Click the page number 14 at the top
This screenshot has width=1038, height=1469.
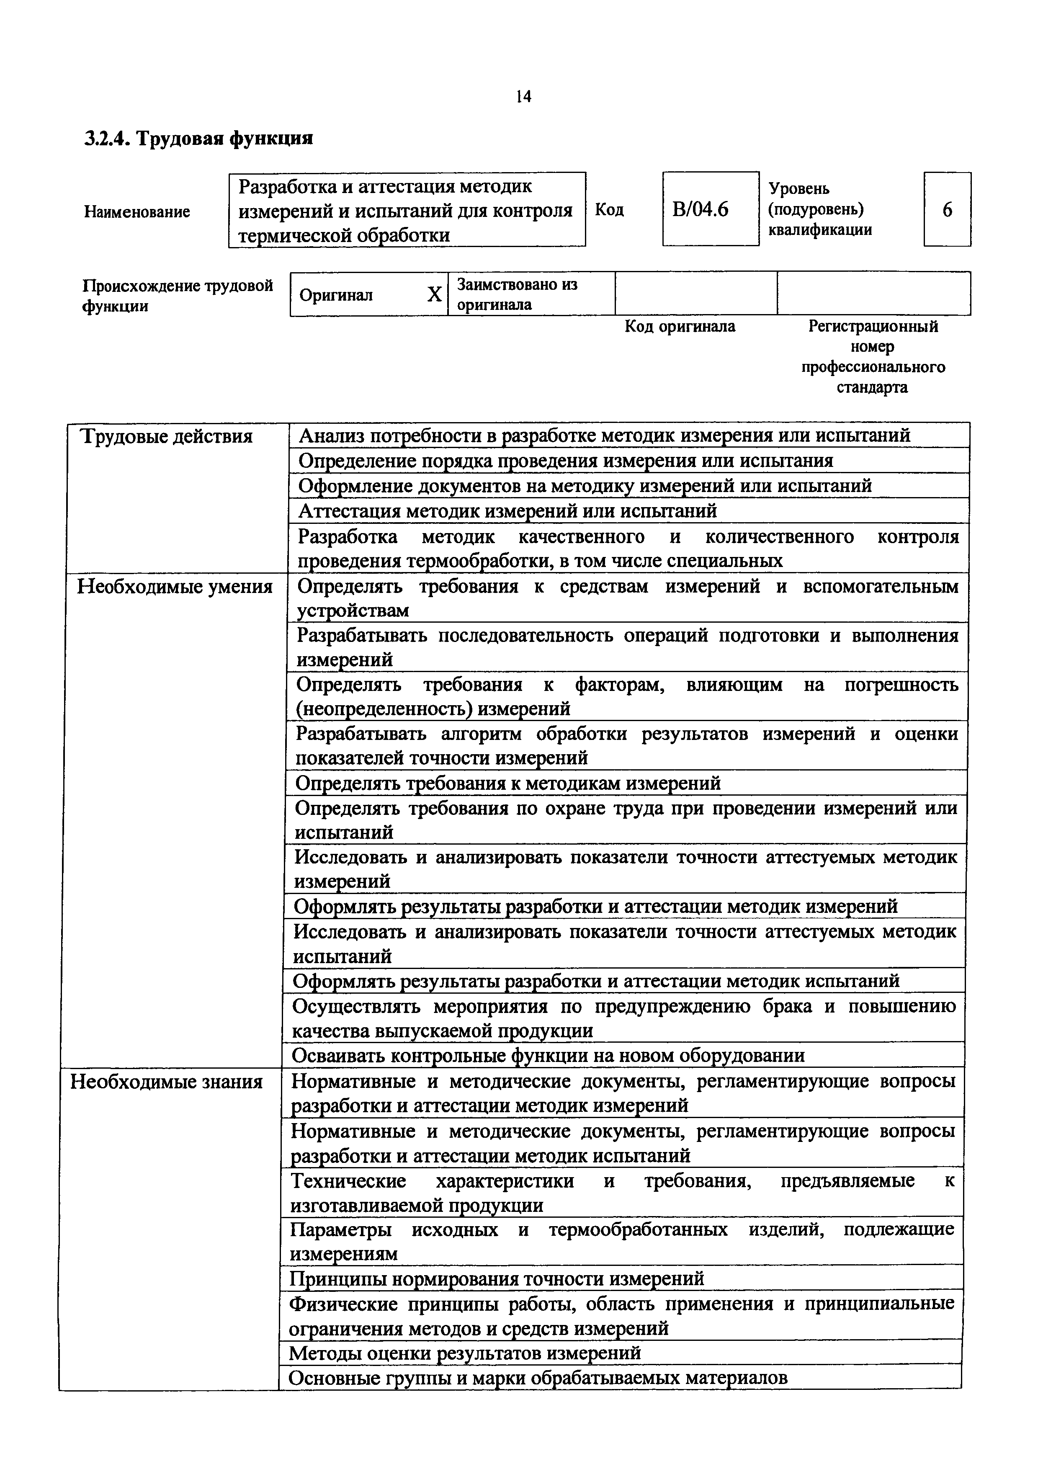523,97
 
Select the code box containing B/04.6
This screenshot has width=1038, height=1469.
709,209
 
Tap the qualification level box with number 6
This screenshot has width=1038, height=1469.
947,209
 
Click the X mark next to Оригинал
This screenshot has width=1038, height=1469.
434,294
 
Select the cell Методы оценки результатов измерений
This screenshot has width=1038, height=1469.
464,1353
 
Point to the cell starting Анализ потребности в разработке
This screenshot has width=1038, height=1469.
604,436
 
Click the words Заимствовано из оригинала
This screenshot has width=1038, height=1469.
517,294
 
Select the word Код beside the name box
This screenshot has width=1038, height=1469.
609,210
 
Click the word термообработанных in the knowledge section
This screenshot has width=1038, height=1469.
638,1229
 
